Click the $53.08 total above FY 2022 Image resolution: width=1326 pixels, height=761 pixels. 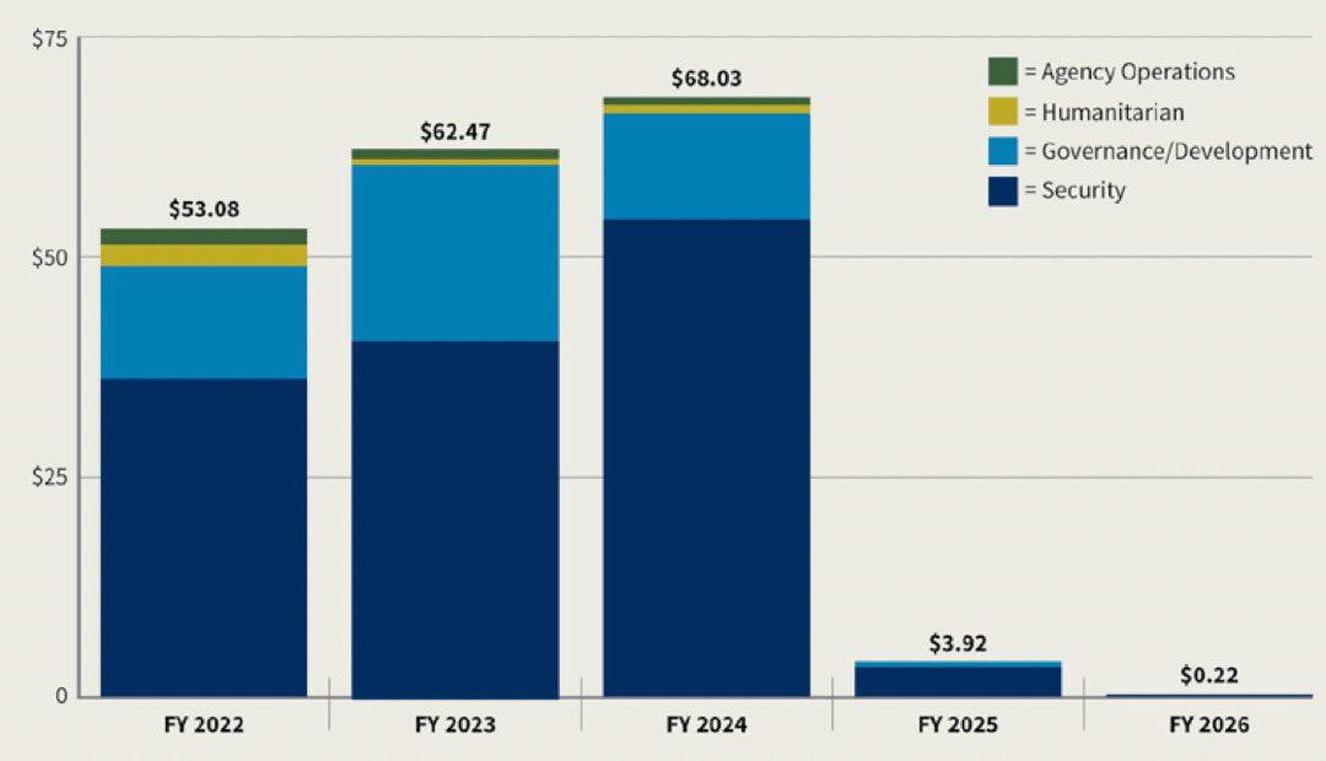pyautogui.click(x=204, y=210)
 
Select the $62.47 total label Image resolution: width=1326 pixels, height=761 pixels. pyautogui.click(x=455, y=132)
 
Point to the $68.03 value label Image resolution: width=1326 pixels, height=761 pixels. pyautogui.click(x=707, y=79)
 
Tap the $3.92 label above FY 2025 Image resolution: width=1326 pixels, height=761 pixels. pyautogui.click(x=958, y=645)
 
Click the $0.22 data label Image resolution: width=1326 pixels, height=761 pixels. pyautogui.click(x=1209, y=676)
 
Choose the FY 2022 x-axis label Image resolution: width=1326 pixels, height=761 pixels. pyautogui.click(x=204, y=725)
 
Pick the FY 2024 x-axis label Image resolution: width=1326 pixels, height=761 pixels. pyautogui.click(x=707, y=725)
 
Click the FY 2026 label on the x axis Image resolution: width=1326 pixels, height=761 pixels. pyautogui.click(x=1210, y=725)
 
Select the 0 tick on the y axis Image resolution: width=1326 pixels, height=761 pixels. pyautogui.click(x=59, y=696)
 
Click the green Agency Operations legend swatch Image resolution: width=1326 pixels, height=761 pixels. pyautogui.click(x=1003, y=72)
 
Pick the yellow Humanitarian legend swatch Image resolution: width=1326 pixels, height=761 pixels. pyautogui.click(x=1003, y=112)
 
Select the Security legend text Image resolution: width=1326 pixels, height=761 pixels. pyautogui.click(x=1083, y=190)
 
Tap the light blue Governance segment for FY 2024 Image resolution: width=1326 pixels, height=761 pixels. pyautogui.click(x=707, y=166)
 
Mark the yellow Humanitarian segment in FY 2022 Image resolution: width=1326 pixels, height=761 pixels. pyautogui.click(x=204, y=255)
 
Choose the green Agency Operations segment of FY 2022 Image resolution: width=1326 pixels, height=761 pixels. pyautogui.click(x=204, y=236)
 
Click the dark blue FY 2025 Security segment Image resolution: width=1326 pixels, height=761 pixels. pyautogui.click(x=958, y=681)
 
